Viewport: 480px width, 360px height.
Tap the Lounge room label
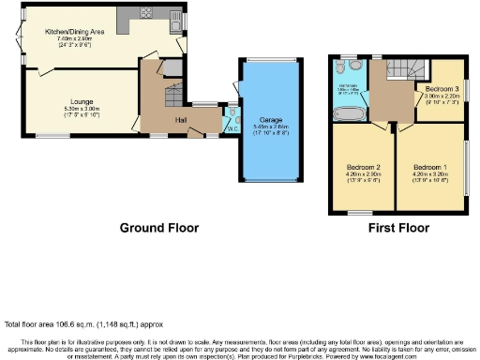tap(81, 99)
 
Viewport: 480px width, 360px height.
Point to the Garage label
tap(271, 121)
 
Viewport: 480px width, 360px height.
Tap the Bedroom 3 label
tap(441, 89)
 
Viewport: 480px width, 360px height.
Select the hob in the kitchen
tap(147, 13)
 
